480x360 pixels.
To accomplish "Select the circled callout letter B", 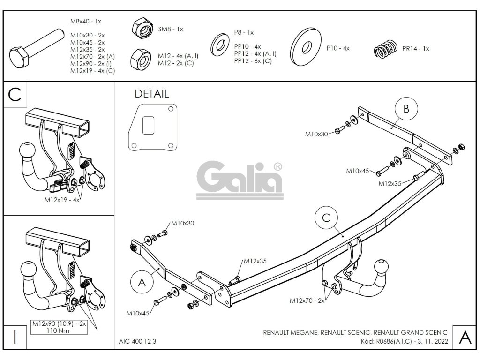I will click(x=406, y=109).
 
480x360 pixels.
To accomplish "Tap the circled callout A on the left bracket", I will click(x=142, y=281).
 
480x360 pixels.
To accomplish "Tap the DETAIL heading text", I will click(x=151, y=94).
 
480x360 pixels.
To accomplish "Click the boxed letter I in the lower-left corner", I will click(x=15, y=337).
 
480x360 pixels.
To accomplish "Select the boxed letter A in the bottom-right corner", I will click(x=464, y=337).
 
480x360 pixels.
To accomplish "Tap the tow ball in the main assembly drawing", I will click(x=380, y=267).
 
